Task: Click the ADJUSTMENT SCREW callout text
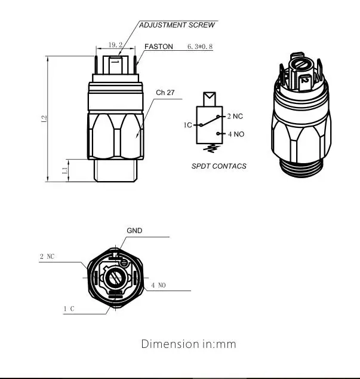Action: tap(177, 25)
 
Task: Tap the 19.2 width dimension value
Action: tap(115, 45)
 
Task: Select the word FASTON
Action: tap(159, 47)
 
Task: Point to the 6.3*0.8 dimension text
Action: tap(200, 47)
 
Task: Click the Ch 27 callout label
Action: tap(165, 93)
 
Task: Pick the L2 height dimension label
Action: tap(44, 119)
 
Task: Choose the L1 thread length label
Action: tap(64, 170)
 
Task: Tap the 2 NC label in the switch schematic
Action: tap(235, 117)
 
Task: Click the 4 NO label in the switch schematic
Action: tap(236, 134)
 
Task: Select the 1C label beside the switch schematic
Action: tap(188, 125)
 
